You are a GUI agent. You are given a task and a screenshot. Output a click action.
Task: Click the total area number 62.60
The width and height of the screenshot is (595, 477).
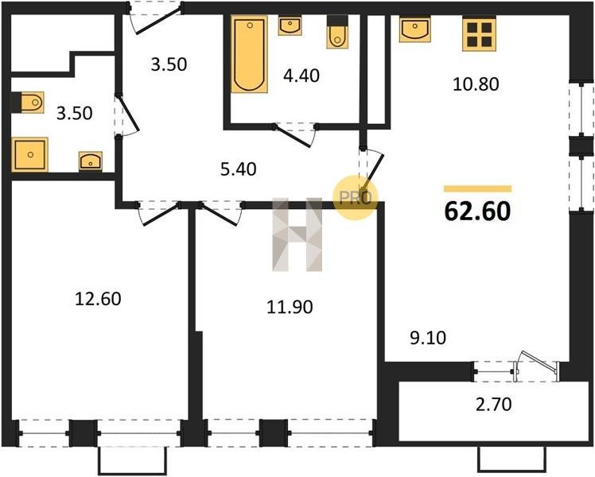coord(477,211)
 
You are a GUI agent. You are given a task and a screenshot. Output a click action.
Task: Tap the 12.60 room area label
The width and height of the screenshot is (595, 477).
coord(98,299)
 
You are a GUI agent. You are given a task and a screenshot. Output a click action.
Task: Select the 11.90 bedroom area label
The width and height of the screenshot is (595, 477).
coord(290,307)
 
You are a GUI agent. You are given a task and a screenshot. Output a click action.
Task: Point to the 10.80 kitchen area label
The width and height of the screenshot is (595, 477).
coord(476,83)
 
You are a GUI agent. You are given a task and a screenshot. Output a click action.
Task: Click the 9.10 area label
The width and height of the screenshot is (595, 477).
coord(428,337)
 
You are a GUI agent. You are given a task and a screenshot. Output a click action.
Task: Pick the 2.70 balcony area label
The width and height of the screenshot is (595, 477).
coord(493,404)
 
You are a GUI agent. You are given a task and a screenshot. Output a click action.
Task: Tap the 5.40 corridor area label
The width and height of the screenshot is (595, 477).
coord(239,169)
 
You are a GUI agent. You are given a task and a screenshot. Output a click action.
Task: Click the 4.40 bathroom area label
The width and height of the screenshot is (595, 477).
coord(301,76)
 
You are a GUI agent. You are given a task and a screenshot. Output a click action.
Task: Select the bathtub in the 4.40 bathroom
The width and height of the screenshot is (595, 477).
coord(249,54)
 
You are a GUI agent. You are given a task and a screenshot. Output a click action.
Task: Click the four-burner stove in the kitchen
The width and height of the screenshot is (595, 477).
coord(480,34)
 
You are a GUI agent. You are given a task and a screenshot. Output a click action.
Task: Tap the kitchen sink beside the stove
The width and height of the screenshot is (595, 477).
coord(415,29)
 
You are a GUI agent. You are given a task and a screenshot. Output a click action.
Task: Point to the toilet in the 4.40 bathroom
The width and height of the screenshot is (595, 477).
coord(337,33)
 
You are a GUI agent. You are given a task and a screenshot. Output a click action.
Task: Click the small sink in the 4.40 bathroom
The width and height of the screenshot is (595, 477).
coord(290,25)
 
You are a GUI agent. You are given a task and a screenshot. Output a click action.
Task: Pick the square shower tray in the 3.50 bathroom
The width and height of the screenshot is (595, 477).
coord(30,155)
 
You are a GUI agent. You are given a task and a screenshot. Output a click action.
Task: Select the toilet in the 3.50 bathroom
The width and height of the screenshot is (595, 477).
coord(28,103)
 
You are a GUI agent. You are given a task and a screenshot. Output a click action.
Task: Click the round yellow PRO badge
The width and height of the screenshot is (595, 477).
coord(356,197)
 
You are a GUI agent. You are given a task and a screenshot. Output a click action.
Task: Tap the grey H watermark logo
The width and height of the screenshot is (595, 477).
coord(297,235)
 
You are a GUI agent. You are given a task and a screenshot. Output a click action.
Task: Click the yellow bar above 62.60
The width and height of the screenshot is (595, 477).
coord(478,189)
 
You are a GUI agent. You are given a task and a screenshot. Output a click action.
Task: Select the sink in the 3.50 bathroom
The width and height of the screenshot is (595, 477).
coord(91,161)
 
